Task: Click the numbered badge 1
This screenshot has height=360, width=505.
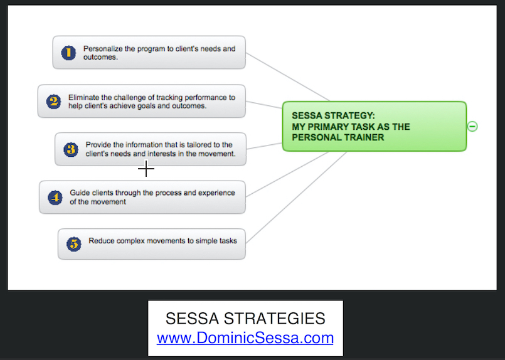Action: click(x=68, y=53)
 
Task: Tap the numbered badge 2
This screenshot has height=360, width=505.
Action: click(x=53, y=102)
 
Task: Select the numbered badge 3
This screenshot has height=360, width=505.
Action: click(x=71, y=150)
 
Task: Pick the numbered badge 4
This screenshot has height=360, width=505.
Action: click(x=55, y=198)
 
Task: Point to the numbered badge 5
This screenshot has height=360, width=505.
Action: click(x=74, y=244)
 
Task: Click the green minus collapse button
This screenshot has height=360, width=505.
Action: click(x=472, y=126)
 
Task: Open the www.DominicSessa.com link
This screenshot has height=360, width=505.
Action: click(x=245, y=338)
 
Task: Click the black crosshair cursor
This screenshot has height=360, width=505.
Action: click(x=146, y=169)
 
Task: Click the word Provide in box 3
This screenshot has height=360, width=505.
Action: click(x=98, y=145)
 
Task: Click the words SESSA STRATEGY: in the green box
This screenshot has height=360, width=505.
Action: click(x=333, y=115)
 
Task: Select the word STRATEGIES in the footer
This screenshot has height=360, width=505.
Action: click(x=274, y=319)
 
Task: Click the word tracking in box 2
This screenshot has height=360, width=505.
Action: click(x=169, y=98)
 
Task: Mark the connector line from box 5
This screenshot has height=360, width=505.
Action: click(x=296, y=198)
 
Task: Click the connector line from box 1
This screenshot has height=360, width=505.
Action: click(x=287, y=77)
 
